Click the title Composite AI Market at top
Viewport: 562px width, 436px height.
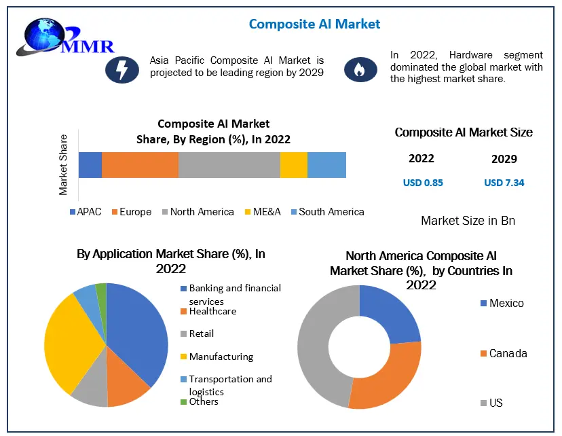(314, 24)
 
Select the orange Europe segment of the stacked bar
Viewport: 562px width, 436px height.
(140, 165)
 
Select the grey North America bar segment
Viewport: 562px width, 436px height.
(229, 165)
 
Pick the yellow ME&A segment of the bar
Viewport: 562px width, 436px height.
(293, 165)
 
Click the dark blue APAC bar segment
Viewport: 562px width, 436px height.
(90, 165)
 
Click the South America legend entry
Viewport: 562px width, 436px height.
(326, 212)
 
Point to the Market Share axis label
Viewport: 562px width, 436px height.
(63, 165)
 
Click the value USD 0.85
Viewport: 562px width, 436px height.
(423, 183)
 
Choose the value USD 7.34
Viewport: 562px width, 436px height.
(504, 183)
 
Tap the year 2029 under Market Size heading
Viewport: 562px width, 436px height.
(504, 159)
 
